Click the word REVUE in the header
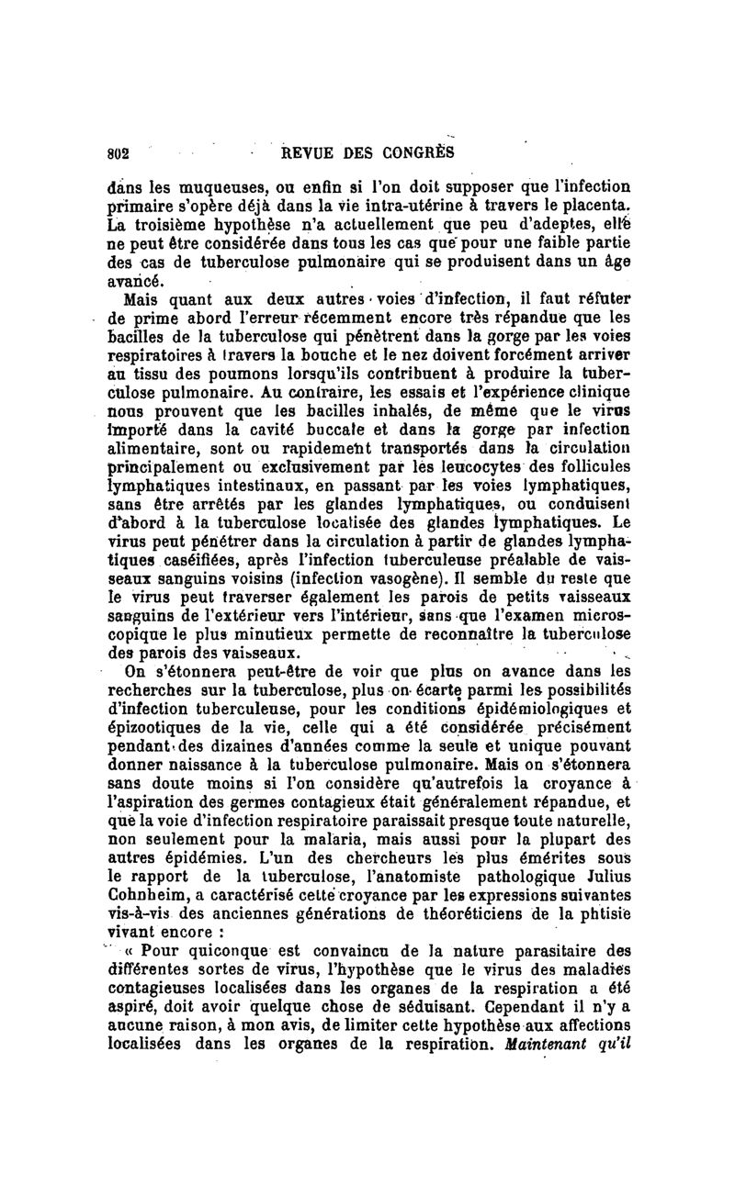click(x=309, y=152)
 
